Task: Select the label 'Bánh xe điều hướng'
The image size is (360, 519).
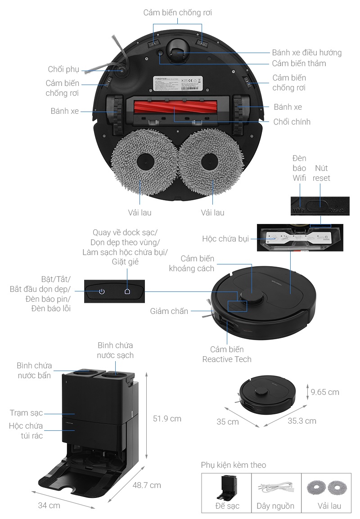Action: [306, 53]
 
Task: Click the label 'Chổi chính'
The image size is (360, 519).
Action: [292, 122]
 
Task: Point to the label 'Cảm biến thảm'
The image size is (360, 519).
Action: [299, 63]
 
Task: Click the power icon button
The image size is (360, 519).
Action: [102, 291]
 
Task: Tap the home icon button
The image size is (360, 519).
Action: [127, 291]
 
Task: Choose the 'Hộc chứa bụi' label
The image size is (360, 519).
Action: [225, 238]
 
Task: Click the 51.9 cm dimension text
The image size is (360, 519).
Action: [167, 419]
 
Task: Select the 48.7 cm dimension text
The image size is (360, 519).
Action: [147, 485]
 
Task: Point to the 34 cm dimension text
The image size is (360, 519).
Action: [49, 506]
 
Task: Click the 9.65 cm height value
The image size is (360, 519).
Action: [325, 392]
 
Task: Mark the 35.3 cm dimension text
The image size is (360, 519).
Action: [302, 421]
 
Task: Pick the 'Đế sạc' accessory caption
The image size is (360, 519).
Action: [227, 506]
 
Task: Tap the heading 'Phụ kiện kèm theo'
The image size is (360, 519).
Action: [233, 465]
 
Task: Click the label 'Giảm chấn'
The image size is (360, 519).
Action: [169, 311]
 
